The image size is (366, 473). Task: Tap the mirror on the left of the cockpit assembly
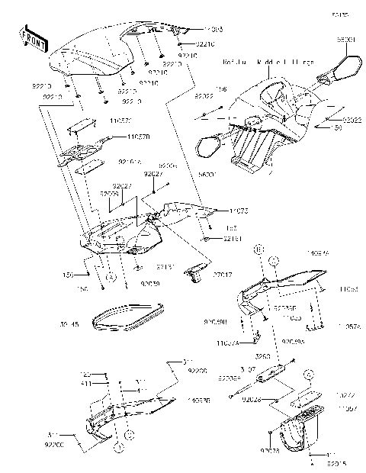[208, 144]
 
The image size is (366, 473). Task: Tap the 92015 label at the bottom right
[337, 463]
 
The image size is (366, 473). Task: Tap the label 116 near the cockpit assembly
[222, 89]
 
